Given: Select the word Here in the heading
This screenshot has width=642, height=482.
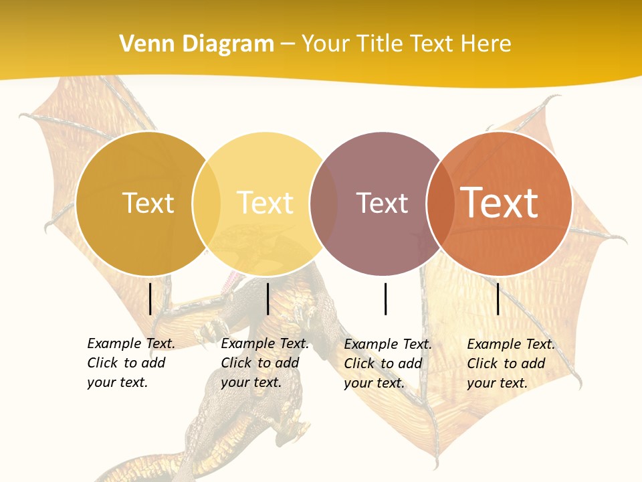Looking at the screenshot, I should pyautogui.click(x=484, y=44).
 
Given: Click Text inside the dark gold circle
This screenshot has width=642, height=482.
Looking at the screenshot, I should pyautogui.click(x=148, y=203).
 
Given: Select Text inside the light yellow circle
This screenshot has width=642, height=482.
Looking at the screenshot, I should pyautogui.click(x=265, y=203).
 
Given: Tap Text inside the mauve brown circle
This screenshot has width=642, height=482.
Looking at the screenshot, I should pyautogui.click(x=382, y=203).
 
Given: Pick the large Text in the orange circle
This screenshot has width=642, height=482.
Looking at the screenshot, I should pyautogui.click(x=500, y=202).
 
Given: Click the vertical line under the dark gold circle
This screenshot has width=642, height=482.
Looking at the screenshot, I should pyautogui.click(x=150, y=299).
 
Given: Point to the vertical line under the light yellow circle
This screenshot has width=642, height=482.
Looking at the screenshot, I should pyautogui.click(x=267, y=299).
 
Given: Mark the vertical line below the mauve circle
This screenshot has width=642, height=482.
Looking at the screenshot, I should pyautogui.click(x=386, y=299).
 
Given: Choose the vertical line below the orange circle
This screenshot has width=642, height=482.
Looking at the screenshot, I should pyautogui.click(x=498, y=299).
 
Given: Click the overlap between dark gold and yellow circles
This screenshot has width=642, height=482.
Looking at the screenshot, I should pyautogui.click(x=207, y=204).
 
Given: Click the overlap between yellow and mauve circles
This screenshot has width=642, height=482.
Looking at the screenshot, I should pyautogui.click(x=324, y=204).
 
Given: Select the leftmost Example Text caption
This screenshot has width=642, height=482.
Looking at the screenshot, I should pyautogui.click(x=131, y=363).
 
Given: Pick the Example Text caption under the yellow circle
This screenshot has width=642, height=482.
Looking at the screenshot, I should pyautogui.click(x=265, y=363).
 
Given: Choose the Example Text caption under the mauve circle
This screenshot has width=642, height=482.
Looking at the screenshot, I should pyautogui.click(x=388, y=364).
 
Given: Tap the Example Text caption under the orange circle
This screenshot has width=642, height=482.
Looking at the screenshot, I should pyautogui.click(x=511, y=364).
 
